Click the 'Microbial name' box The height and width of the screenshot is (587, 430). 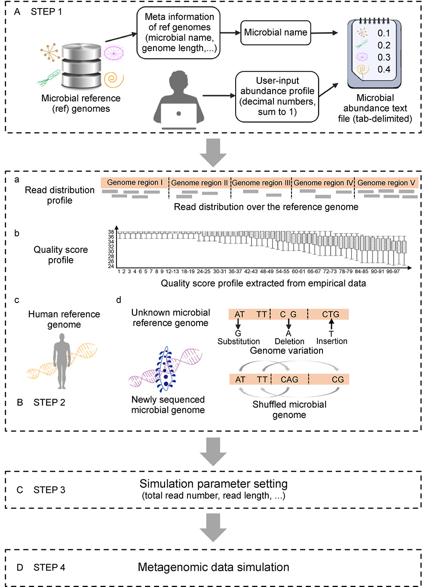tap(276, 33)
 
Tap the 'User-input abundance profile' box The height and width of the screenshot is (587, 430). tap(277, 97)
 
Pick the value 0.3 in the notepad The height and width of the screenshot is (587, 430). tap(384, 58)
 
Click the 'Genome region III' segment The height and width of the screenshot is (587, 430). tap(261, 183)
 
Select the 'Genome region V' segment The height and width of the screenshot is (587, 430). tap(386, 183)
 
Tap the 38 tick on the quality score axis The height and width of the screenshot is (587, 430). tap(111, 232)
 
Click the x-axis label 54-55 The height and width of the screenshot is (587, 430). tap(283, 272)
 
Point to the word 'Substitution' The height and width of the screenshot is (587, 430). tap(239, 342)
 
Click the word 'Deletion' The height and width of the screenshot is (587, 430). tap(289, 342)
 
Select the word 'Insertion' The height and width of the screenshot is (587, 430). tap(332, 341)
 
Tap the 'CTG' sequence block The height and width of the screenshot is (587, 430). tap(330, 315)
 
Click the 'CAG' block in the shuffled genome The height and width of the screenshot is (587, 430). tap(289, 379)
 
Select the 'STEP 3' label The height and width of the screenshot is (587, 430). tap(49, 490)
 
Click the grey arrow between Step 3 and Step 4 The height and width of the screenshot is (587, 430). tap(213, 527)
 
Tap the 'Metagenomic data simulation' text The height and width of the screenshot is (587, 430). tap(213, 568)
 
